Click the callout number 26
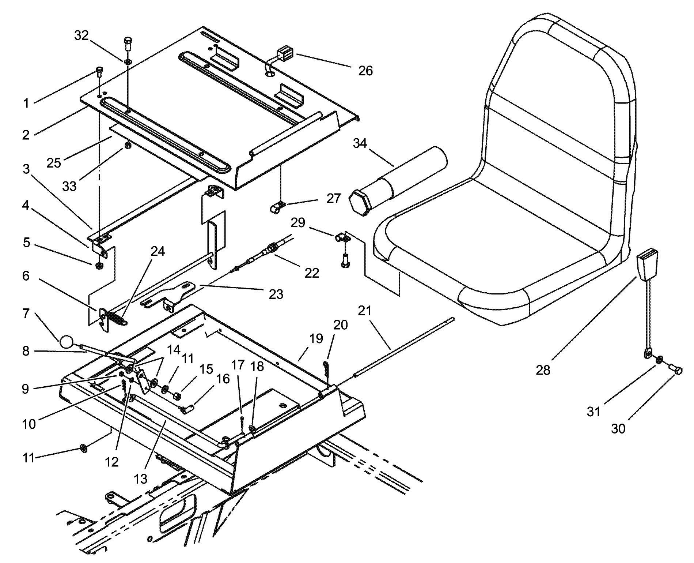pyautogui.click(x=365, y=71)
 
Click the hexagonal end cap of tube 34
pyautogui.click(x=359, y=203)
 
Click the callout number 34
pyautogui.click(x=360, y=143)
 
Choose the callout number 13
pyautogui.click(x=140, y=478)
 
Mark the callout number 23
pyautogui.click(x=276, y=294)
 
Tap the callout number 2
pyautogui.click(x=26, y=135)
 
